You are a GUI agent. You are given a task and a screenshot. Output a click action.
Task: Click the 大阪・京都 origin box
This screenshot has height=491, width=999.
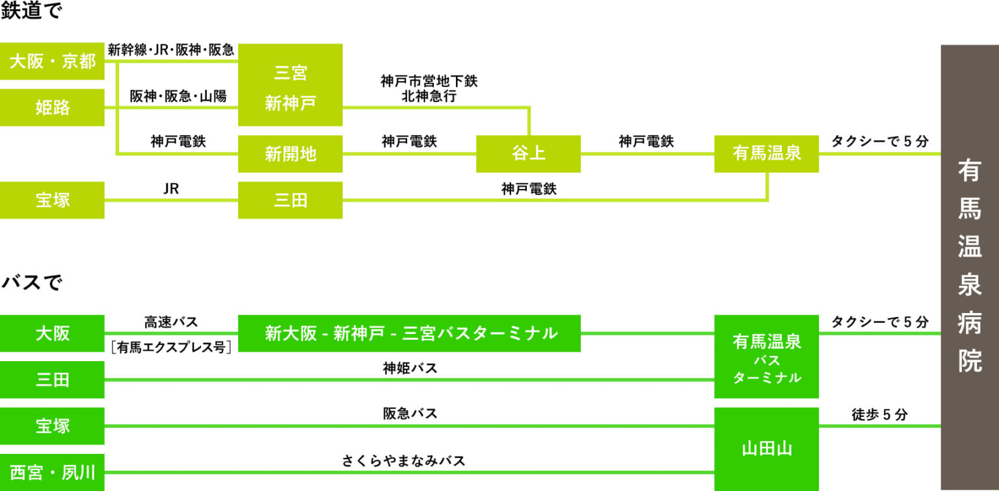(52, 61)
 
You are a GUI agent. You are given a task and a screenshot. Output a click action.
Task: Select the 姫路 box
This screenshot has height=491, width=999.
(52, 107)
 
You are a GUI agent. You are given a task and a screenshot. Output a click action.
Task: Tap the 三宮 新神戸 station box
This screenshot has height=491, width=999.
(290, 84)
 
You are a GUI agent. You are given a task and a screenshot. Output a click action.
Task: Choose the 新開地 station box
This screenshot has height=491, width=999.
(290, 154)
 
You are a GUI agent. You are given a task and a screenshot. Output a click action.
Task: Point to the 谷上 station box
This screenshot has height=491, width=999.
(529, 154)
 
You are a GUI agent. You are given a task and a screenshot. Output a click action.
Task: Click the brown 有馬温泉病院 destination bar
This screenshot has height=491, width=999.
(970, 268)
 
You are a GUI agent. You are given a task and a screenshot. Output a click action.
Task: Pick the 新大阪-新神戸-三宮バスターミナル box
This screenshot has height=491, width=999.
(409, 333)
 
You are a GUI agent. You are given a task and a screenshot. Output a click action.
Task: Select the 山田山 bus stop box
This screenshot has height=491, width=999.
(767, 449)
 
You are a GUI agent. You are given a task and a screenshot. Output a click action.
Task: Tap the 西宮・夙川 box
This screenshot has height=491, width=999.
(52, 472)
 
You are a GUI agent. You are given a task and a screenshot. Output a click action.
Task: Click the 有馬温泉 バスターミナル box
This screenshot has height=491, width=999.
(767, 357)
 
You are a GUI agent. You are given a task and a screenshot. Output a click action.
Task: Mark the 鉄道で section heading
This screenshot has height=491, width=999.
(31, 10)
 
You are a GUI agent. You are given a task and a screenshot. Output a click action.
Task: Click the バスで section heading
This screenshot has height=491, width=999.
(32, 282)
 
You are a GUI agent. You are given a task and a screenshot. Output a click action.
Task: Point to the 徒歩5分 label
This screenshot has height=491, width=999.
(879, 414)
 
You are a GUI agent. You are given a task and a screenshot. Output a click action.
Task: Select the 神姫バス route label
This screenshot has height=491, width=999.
(410, 368)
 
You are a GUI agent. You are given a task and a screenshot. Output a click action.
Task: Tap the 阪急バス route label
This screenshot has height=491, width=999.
(410, 414)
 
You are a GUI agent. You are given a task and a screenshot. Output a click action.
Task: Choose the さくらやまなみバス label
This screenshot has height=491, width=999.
(404, 460)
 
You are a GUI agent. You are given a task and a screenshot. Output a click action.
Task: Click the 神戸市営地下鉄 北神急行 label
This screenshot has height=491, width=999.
(429, 88)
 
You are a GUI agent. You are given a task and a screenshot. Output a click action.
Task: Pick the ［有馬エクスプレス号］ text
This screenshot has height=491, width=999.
(171, 347)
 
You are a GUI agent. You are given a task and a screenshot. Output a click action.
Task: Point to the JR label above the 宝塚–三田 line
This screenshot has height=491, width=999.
(171, 188)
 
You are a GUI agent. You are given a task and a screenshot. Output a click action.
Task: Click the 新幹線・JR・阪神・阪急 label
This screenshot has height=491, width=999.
(171, 50)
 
